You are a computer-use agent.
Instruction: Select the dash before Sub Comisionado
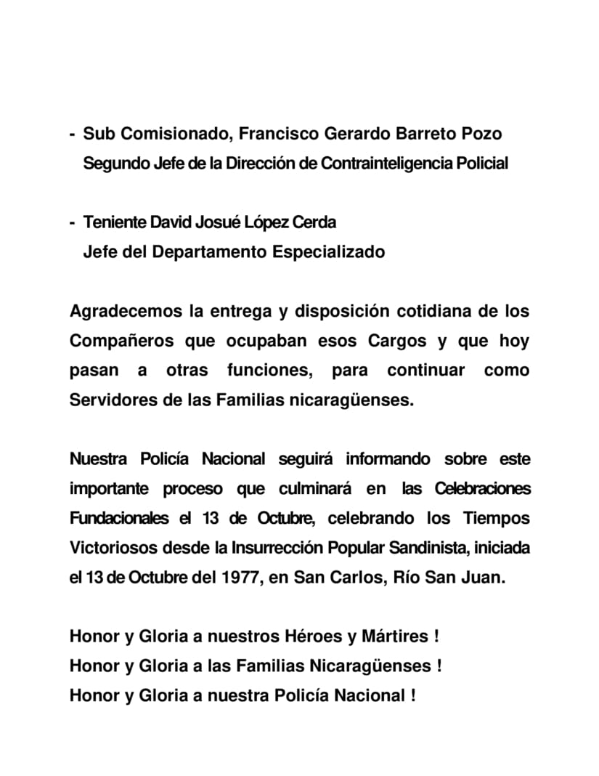(x=72, y=134)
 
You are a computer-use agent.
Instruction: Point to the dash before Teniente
(x=72, y=222)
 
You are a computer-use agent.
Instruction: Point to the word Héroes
(x=313, y=636)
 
